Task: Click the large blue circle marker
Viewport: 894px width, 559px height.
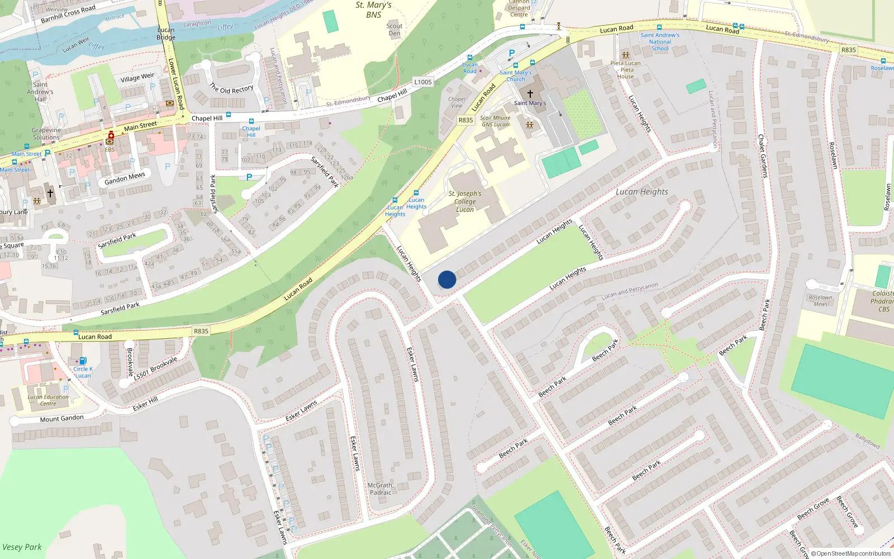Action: point(447,279)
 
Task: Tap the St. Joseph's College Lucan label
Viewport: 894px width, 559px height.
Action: point(465,202)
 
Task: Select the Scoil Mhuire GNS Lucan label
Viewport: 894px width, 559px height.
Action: point(496,121)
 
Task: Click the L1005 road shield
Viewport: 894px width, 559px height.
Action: point(423,82)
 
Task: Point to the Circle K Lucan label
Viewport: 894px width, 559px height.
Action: point(83,372)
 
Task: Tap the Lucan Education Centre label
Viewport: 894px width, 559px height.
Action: point(48,400)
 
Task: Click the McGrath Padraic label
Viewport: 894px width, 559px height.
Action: point(381,489)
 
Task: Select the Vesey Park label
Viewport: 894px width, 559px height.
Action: point(22,547)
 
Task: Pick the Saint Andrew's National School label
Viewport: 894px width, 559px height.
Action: point(660,42)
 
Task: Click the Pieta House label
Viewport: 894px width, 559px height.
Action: point(626,70)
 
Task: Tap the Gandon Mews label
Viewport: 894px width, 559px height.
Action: point(125,178)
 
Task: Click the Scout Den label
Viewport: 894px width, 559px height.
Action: point(394,30)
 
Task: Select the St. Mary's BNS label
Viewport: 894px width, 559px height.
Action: point(374,10)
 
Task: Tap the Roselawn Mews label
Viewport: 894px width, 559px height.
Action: point(820,301)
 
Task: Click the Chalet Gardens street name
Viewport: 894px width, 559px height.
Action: point(763,156)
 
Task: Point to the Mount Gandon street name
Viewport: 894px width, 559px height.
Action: point(61,419)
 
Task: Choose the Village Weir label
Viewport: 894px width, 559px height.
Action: point(137,77)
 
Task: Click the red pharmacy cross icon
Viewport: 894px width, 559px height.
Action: point(111,135)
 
